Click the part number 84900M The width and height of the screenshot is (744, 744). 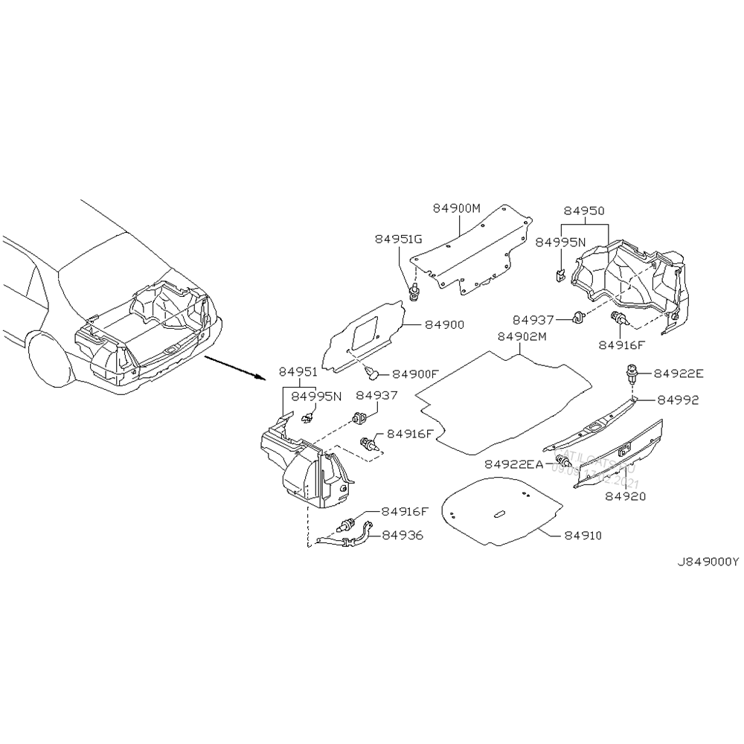[458, 208]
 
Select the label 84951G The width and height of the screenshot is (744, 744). [398, 239]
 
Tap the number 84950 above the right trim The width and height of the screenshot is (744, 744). [584, 211]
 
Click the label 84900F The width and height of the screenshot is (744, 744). [416, 373]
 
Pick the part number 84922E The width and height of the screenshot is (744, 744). [679, 373]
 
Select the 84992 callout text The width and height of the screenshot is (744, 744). [678, 400]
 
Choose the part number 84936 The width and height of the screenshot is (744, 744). [403, 535]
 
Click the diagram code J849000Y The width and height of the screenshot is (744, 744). [707, 562]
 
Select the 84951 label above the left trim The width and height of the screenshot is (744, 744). [298, 371]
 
